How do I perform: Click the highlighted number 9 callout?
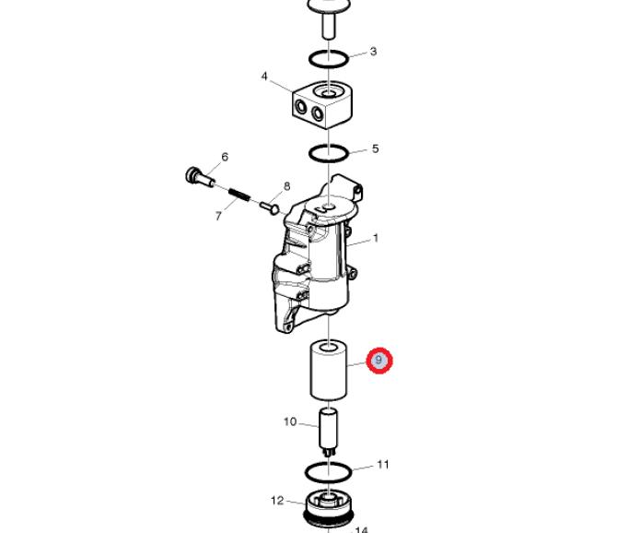[x=379, y=361]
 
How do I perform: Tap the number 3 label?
[x=373, y=52]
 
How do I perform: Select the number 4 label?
[x=264, y=76]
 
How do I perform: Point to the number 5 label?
[x=375, y=148]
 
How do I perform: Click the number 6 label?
[x=225, y=157]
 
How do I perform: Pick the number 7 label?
[x=218, y=216]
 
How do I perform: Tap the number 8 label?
[x=286, y=186]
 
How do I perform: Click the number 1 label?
[x=376, y=238]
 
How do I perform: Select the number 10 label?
[x=290, y=422]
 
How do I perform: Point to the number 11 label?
[x=383, y=465]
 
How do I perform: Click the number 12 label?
[x=277, y=501]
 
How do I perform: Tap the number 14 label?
[x=362, y=530]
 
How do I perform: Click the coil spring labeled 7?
[x=239, y=195]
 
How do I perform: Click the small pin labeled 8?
[x=270, y=207]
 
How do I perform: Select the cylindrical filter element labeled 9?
[x=328, y=371]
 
